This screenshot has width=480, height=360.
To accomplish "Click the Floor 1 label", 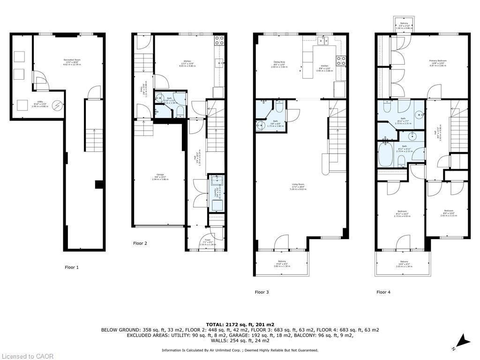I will [x=72, y=267].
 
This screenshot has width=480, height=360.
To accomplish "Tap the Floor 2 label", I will [x=140, y=243].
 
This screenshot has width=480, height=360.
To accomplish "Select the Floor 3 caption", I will [x=262, y=292].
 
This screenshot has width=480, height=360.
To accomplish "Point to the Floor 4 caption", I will [x=383, y=292].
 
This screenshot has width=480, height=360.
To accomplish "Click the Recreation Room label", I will [x=71, y=61].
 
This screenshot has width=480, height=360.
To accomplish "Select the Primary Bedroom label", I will [x=437, y=62].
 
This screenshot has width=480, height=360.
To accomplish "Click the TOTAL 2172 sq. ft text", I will [x=240, y=324].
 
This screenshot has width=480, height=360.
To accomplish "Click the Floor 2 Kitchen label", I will [x=187, y=63].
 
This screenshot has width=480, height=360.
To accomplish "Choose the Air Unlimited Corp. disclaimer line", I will [x=240, y=350].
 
